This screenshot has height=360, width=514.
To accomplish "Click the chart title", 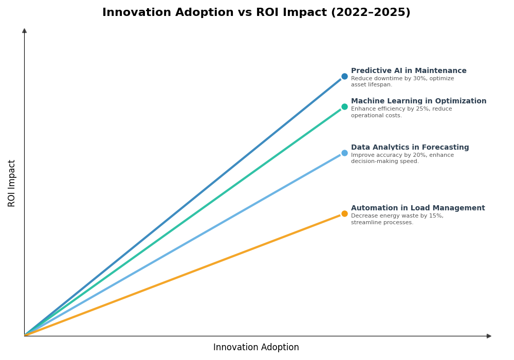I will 256,12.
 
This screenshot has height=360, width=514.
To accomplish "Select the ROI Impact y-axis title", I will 12,183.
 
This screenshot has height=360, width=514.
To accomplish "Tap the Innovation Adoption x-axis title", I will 256,348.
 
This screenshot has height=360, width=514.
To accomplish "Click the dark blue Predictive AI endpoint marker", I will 344,76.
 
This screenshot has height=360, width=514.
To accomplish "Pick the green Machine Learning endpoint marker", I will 344,107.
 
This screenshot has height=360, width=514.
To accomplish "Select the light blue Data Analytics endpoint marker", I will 344,153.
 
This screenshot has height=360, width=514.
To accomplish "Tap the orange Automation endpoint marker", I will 344,213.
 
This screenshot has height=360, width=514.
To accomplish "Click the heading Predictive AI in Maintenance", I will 409,71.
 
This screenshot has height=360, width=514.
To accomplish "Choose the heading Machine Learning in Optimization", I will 418,101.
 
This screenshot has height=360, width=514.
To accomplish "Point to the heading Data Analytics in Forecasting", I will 410,148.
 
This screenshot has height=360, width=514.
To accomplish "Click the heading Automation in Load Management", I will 418,208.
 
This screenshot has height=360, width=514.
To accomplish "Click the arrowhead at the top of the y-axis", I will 24,31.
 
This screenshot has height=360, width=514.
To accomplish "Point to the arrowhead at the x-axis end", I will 489,336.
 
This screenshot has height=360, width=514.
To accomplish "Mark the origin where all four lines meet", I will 25,335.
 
